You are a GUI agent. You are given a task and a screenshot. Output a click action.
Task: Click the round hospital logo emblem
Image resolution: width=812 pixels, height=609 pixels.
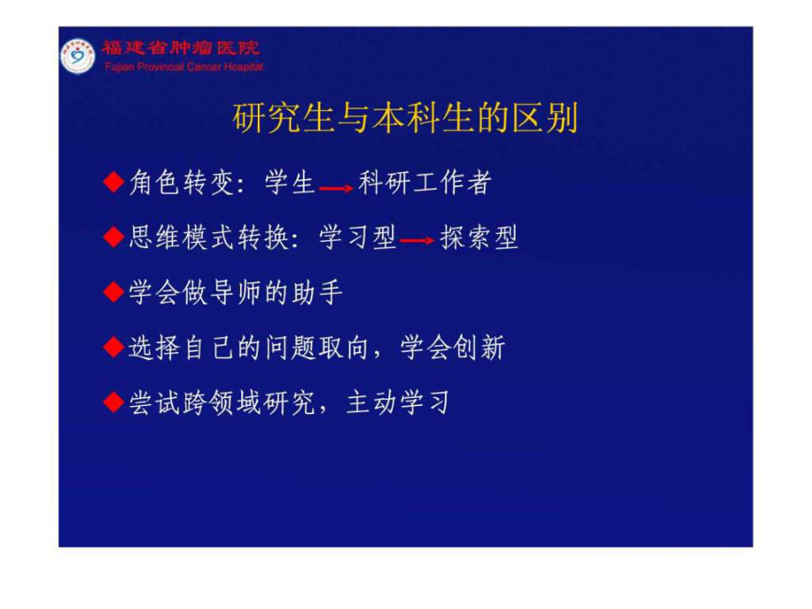tap(78, 56)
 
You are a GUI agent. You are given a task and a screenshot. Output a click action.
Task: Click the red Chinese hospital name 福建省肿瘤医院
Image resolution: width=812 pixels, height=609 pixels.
tap(181, 49)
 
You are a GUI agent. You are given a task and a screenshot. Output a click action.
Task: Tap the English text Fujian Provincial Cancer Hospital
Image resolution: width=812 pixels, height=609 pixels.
tap(184, 67)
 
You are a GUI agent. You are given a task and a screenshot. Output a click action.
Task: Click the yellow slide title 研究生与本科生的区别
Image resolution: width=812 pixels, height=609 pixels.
tap(405, 118)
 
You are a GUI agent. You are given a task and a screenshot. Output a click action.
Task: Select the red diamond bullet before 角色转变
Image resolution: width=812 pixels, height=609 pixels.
tap(114, 183)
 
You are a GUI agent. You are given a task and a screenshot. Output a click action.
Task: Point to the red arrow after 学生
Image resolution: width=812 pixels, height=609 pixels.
tap(336, 188)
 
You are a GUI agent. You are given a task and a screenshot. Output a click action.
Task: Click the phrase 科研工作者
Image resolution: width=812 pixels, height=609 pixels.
tap(425, 183)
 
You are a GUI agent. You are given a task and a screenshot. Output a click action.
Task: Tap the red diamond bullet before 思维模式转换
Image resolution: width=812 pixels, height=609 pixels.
tap(114, 237)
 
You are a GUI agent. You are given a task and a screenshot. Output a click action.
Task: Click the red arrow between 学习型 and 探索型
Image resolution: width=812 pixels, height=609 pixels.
tap(417, 240)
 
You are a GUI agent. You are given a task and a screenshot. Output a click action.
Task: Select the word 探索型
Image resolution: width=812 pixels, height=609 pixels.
tap(479, 237)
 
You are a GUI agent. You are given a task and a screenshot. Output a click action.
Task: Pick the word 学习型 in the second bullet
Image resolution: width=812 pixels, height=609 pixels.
tap(357, 237)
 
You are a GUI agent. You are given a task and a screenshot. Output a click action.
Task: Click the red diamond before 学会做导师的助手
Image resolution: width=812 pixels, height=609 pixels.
tap(114, 292)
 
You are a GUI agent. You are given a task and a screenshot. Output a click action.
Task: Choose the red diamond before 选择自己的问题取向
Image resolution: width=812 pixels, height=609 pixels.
tap(114, 347)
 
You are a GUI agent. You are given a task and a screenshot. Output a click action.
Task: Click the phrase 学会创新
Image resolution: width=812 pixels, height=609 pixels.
tap(453, 347)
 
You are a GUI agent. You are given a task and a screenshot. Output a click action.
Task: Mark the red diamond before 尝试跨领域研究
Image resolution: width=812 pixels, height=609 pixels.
tap(114, 402)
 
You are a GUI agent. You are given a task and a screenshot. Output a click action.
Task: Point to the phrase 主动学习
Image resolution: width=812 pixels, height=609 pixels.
tap(398, 402)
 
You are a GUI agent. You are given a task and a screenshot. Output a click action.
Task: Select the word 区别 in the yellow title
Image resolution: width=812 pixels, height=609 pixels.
tap(545, 118)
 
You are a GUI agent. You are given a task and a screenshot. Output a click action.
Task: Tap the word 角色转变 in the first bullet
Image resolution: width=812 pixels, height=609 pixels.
tap(182, 183)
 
